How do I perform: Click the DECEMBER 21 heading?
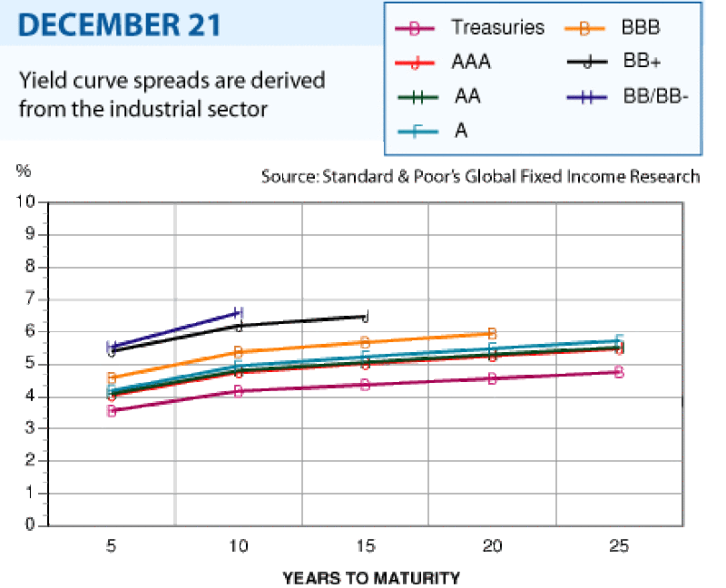click(x=120, y=24)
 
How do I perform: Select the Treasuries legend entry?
click(x=469, y=28)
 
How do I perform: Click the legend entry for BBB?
click(x=612, y=28)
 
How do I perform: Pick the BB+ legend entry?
click(x=614, y=61)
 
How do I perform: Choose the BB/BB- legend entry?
click(x=627, y=97)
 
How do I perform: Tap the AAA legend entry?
click(x=443, y=62)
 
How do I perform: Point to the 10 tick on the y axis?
click(x=25, y=201)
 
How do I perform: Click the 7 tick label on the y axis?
click(x=30, y=299)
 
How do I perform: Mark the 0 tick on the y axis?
click(x=30, y=524)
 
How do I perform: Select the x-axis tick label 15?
click(x=366, y=546)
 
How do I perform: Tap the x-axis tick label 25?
click(x=619, y=546)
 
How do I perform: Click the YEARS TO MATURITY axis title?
click(x=371, y=578)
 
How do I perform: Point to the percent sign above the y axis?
click(x=24, y=171)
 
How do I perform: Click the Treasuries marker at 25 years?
click(x=619, y=372)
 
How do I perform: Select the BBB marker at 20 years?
click(x=492, y=333)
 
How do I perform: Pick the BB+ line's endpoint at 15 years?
click(x=366, y=317)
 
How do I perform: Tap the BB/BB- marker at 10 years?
click(x=239, y=312)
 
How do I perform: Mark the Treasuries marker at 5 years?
click(x=112, y=411)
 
